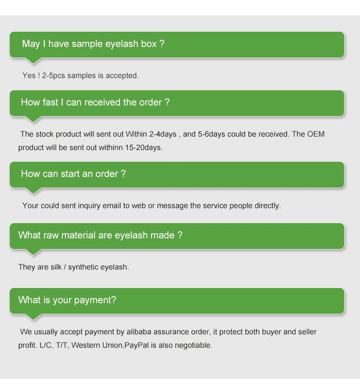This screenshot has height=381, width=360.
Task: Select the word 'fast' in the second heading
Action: tap(51, 102)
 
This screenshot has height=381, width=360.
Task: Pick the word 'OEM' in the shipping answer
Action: tap(316, 134)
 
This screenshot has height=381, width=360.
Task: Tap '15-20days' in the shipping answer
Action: tap(145, 147)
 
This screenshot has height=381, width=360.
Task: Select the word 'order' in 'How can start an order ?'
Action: tap(107, 174)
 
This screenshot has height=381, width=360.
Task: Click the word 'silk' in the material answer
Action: tap(56, 267)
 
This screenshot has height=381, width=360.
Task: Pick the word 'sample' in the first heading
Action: tap(91, 44)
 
